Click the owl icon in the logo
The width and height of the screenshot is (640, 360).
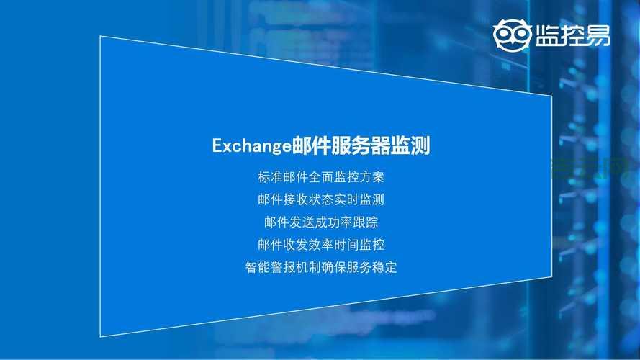point(512,35)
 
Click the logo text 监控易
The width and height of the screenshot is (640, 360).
point(572,35)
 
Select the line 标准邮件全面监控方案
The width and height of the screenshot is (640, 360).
point(321,176)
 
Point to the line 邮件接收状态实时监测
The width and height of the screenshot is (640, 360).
point(321,199)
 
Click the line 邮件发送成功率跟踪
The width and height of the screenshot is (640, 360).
point(321,222)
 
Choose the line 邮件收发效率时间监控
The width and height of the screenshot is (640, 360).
point(321,244)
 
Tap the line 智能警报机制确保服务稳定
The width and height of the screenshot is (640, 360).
point(321,267)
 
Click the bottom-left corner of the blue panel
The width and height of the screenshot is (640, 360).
point(99,337)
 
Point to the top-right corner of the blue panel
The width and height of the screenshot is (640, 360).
point(551,95)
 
